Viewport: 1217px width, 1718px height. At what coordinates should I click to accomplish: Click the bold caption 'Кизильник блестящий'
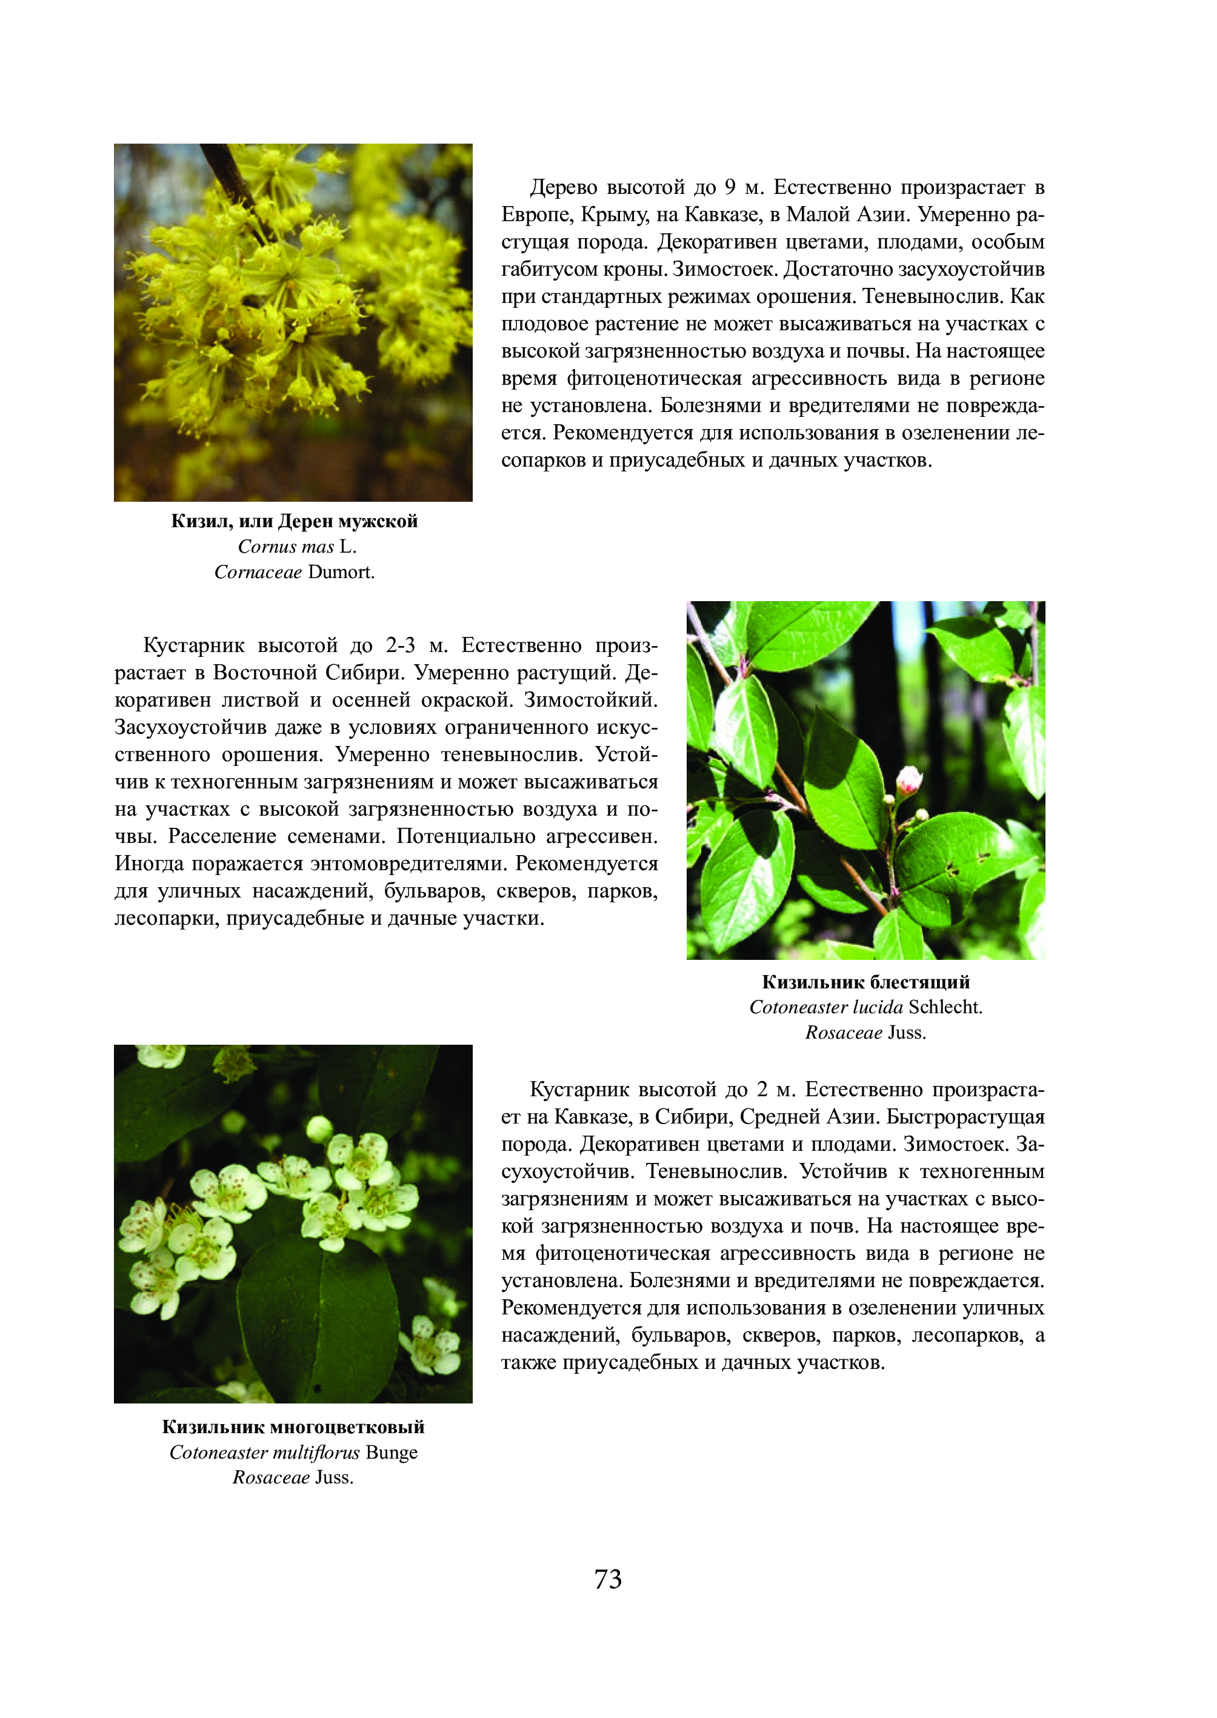[865, 982]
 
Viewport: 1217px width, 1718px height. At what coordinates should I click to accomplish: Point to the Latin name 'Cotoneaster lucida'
[826, 1007]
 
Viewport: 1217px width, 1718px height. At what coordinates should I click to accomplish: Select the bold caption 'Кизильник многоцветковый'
[293, 1427]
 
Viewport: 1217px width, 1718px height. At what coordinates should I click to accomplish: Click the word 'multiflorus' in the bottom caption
[316, 1452]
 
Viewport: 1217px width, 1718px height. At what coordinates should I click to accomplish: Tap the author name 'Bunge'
[392, 1452]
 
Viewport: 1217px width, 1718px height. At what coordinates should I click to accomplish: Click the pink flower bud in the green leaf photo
[909, 779]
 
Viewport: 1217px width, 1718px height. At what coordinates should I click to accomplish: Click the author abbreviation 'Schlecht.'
[945, 1007]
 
